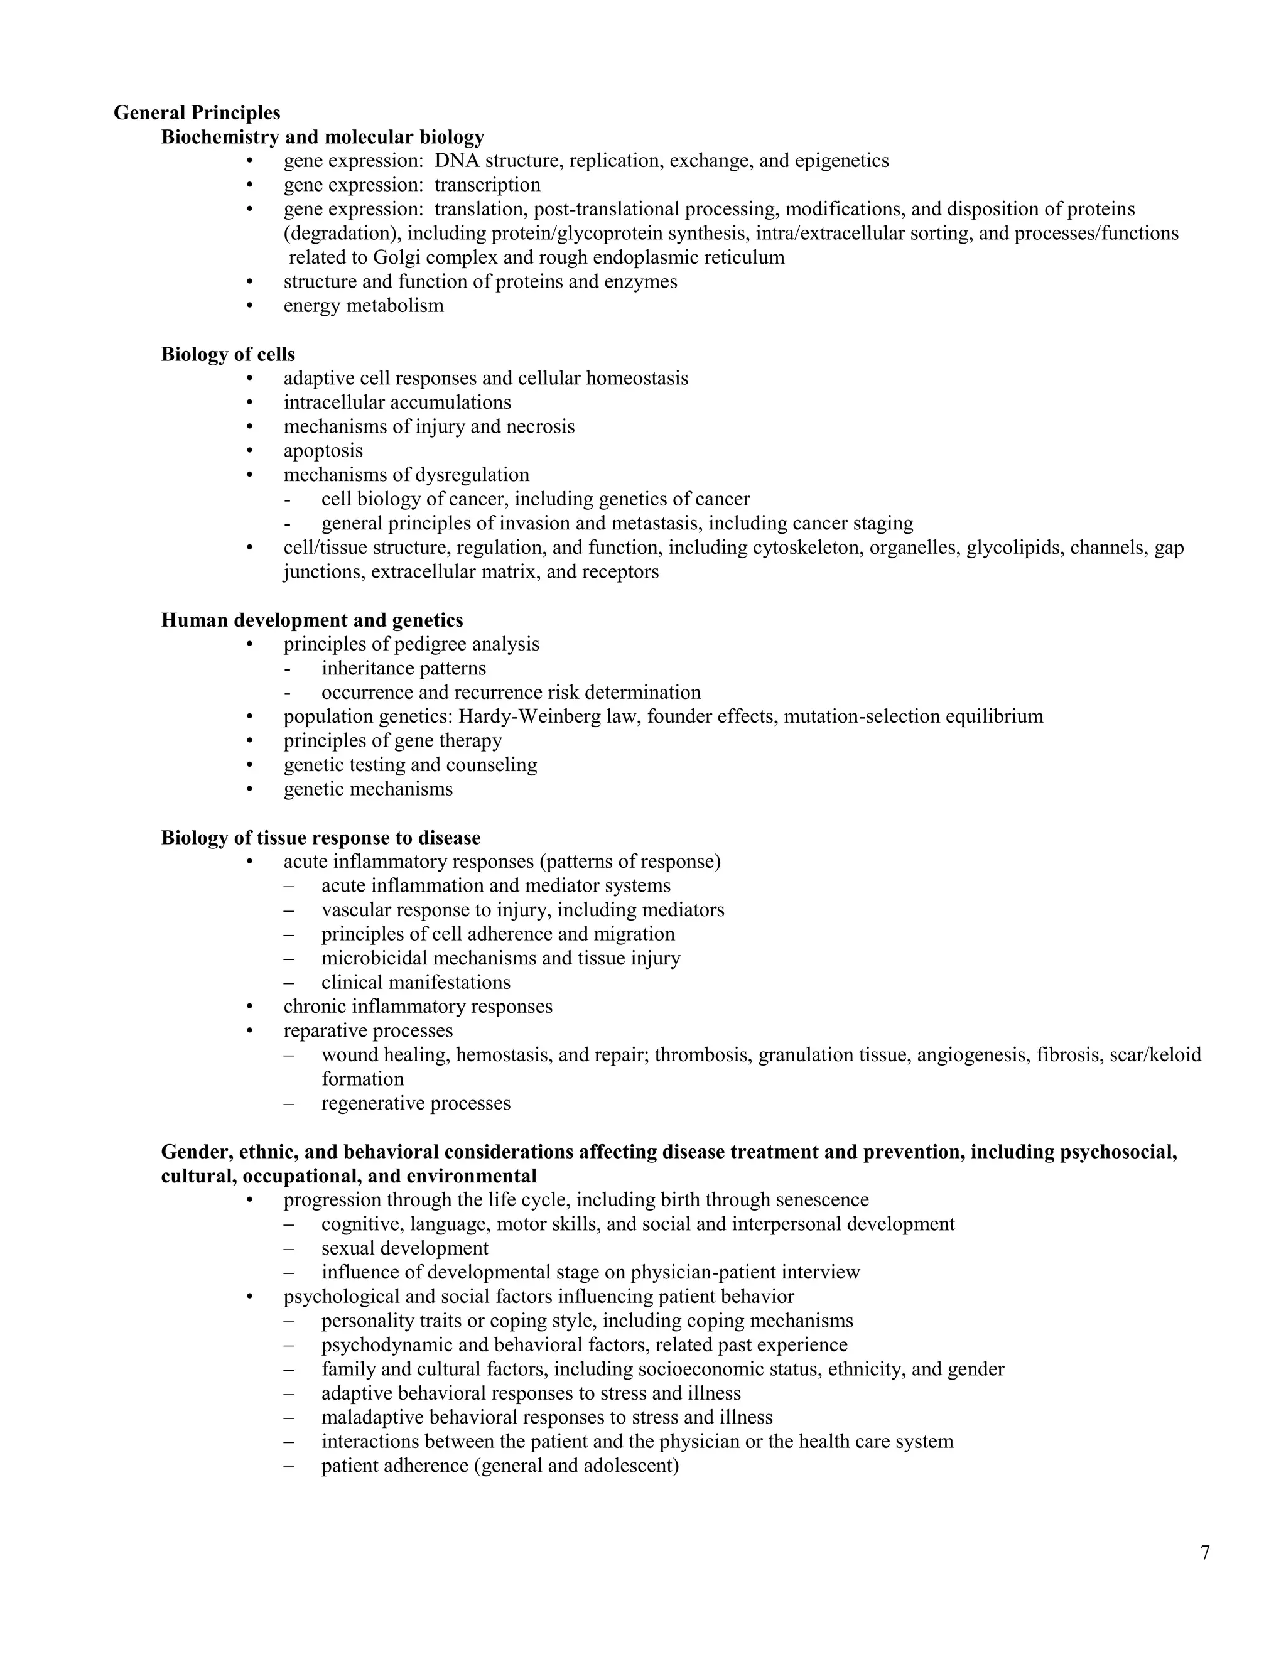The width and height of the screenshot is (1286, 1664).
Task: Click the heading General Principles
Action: pos(197,113)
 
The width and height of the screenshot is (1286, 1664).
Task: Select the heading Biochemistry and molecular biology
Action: pos(322,137)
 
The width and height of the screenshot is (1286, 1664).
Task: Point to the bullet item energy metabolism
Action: pos(364,306)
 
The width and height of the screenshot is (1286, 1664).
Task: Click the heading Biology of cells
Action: pos(228,354)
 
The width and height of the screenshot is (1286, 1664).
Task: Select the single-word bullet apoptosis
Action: pos(323,450)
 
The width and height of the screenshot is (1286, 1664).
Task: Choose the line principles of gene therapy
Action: pos(392,740)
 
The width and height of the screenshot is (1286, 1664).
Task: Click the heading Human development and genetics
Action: pos(311,620)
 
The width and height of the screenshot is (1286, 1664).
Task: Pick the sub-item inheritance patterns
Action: pos(403,668)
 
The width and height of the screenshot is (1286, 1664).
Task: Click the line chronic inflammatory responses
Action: pos(418,1007)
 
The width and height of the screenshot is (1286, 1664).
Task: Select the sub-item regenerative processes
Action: pos(415,1103)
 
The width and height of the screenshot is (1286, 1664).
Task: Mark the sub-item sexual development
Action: pos(404,1248)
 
